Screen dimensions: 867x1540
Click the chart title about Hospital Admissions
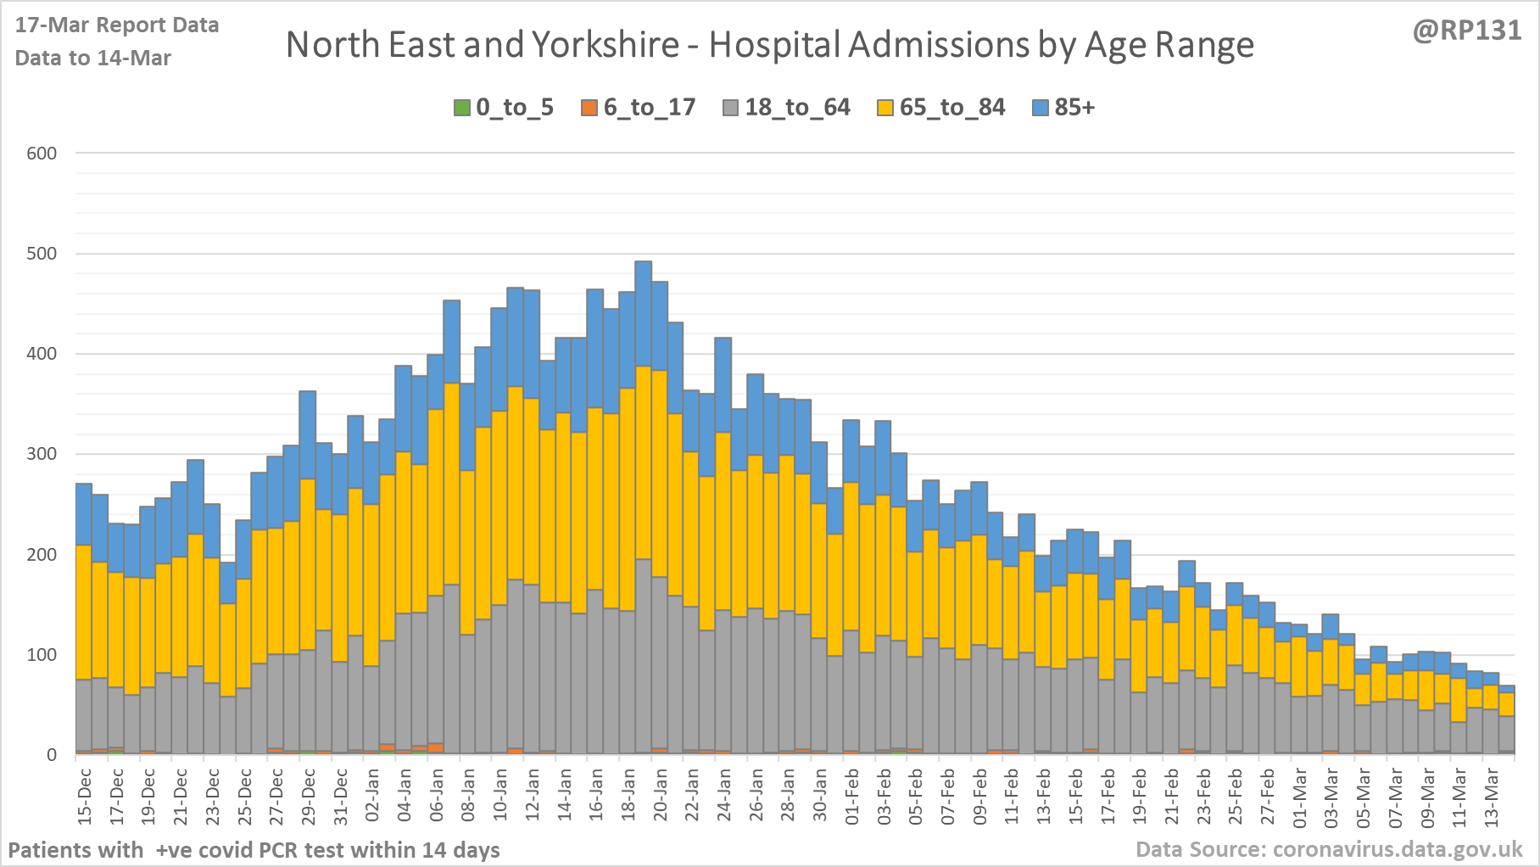coord(769,45)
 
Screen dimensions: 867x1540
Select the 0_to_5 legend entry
coord(504,108)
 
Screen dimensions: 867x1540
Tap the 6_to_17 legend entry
coord(639,108)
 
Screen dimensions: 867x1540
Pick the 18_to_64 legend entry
coord(786,108)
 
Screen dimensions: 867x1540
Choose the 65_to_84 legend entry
coord(941,108)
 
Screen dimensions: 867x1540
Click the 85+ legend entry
coord(1064,108)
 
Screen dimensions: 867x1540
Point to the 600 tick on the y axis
coord(42,154)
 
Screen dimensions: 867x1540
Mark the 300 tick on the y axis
coord(42,454)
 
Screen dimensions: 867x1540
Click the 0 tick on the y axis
coord(52,755)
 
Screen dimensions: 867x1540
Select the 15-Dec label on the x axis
coord(85,795)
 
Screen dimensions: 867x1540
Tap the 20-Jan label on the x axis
coord(660,795)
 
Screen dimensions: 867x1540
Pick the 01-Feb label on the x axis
coord(851,795)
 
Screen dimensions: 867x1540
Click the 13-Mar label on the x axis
coord(1491,795)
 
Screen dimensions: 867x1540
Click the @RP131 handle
coord(1467,31)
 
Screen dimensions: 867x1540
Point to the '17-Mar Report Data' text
coord(117,25)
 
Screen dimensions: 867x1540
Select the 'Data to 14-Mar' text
coord(93,58)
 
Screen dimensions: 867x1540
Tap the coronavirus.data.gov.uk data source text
coord(1329,849)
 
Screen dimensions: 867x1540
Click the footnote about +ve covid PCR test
coord(254,850)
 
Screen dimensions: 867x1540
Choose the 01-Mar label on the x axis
coord(1299,795)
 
